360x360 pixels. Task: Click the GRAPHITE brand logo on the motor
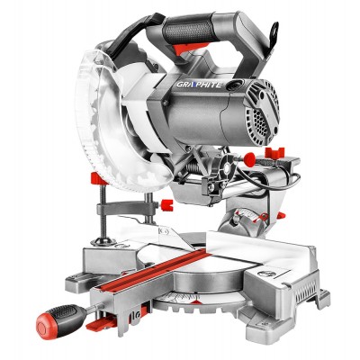(199, 85)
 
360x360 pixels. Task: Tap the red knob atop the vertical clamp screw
(98, 178)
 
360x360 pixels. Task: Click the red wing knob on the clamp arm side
(166, 204)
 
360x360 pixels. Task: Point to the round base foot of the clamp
(103, 241)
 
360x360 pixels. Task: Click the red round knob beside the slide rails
(249, 159)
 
